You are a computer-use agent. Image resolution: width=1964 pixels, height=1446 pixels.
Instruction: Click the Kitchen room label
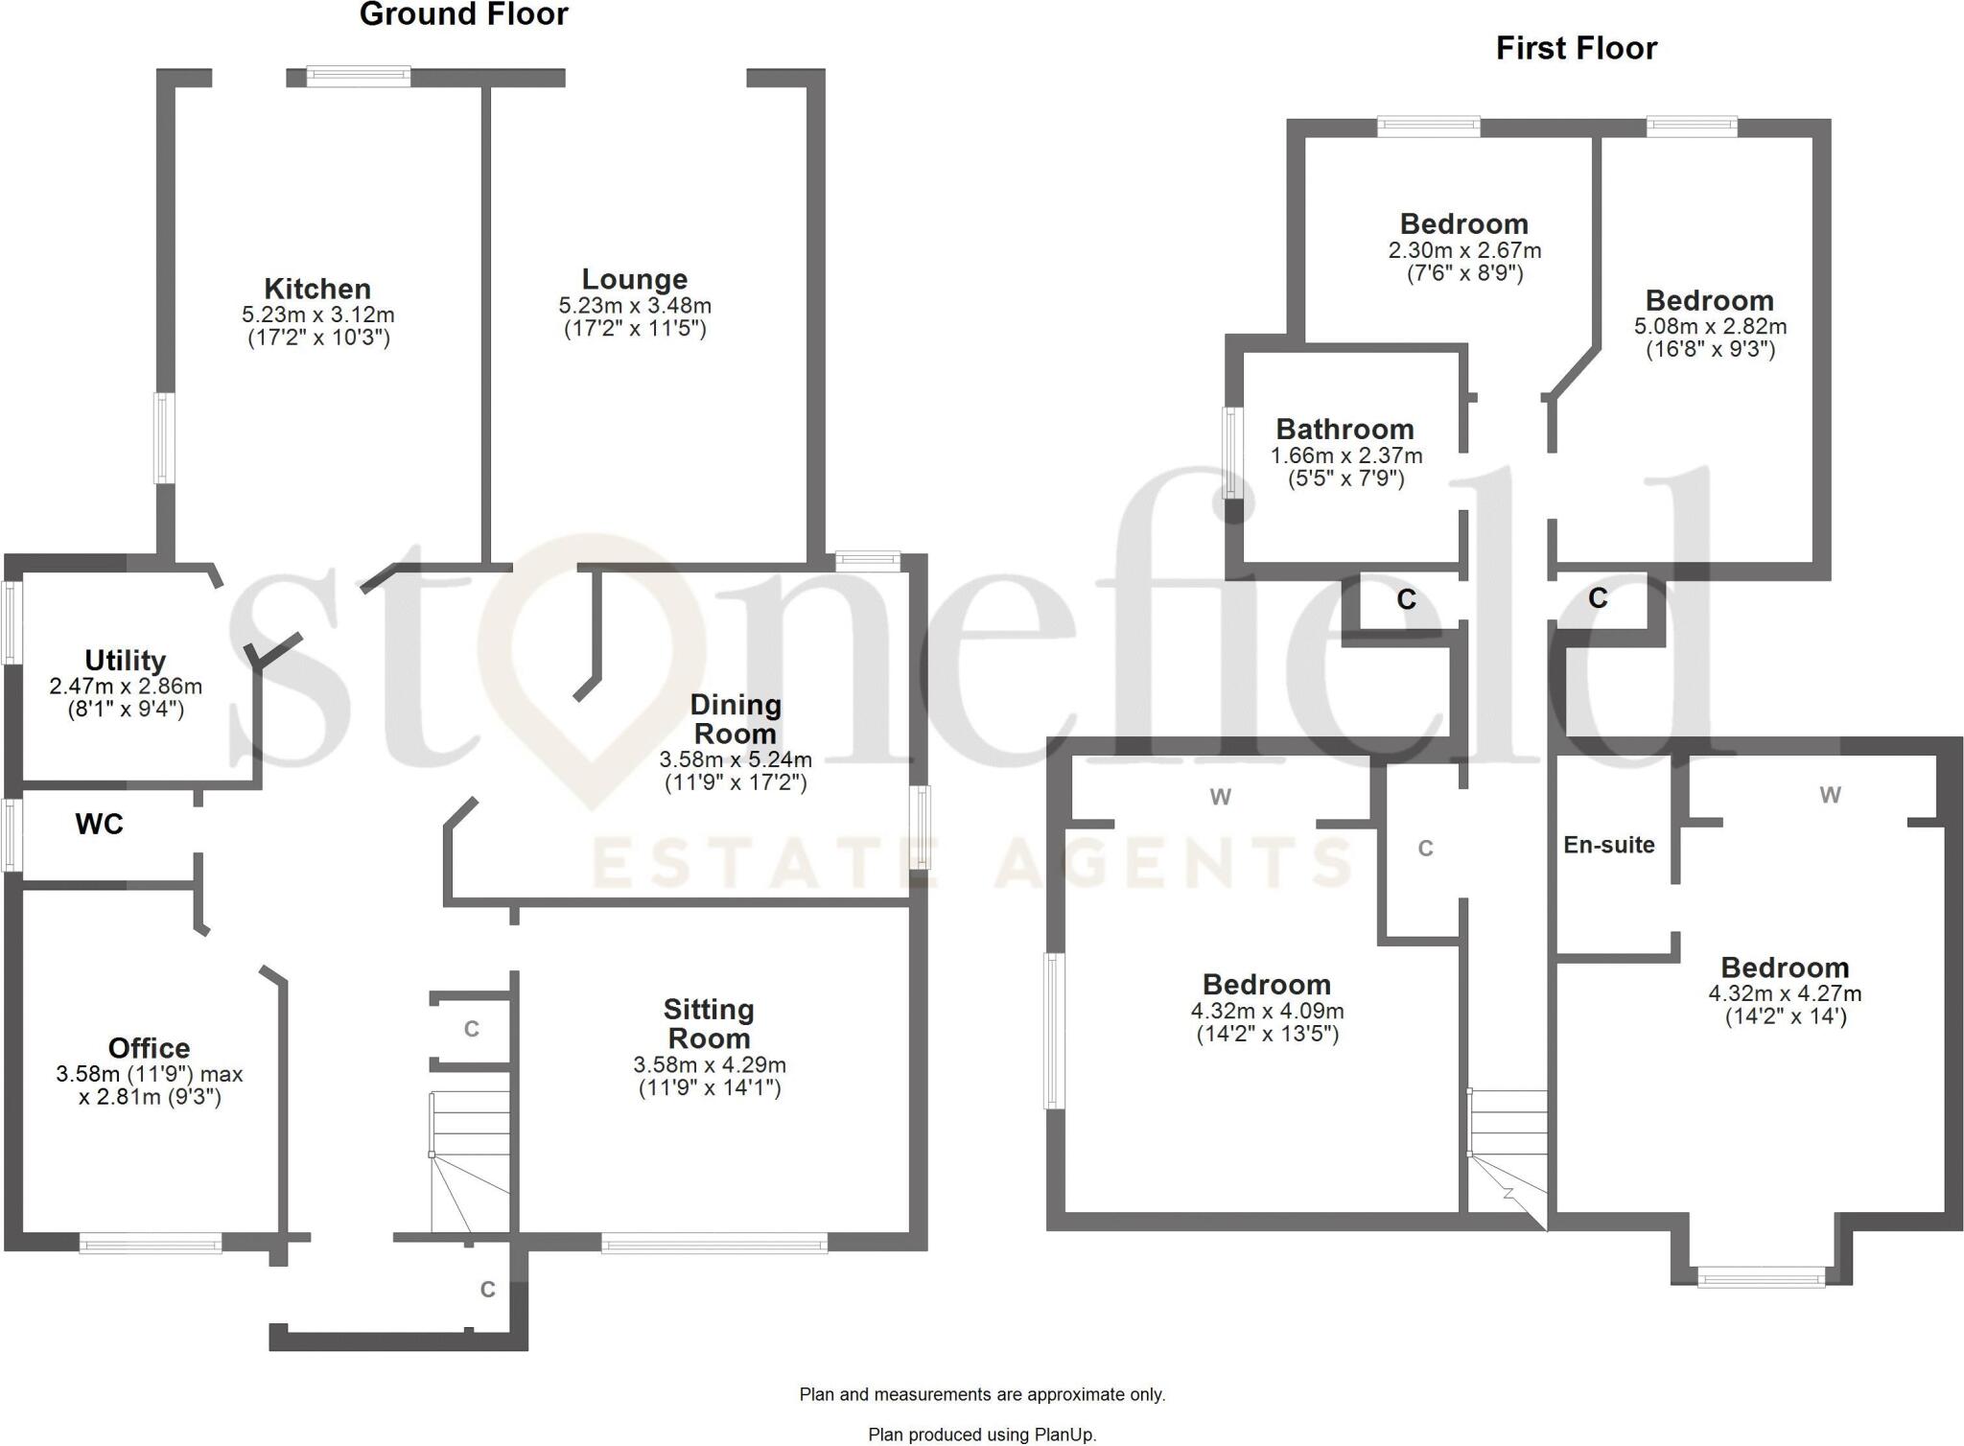(x=317, y=289)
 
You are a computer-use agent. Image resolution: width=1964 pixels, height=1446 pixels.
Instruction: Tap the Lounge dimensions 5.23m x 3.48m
(x=635, y=306)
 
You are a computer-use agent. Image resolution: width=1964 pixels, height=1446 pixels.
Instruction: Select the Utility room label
(x=125, y=661)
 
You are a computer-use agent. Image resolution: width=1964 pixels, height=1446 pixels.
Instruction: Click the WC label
(x=100, y=825)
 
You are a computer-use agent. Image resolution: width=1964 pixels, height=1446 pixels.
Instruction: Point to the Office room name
(x=149, y=1048)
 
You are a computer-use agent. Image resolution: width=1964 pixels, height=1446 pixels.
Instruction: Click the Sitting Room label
(x=709, y=1024)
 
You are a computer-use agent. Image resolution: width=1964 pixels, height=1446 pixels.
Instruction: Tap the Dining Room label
(x=736, y=719)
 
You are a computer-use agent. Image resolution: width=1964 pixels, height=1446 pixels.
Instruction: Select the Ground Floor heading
(x=463, y=14)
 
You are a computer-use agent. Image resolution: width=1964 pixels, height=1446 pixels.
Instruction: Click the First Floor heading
(x=1576, y=48)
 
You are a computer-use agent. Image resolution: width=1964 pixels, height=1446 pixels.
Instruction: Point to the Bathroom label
(x=1344, y=430)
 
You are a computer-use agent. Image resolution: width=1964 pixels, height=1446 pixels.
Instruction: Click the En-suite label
(x=1608, y=845)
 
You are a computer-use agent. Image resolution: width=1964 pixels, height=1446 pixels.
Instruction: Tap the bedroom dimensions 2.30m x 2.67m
(x=1464, y=250)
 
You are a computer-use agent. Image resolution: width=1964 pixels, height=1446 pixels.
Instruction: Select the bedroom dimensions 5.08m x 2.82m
(x=1710, y=326)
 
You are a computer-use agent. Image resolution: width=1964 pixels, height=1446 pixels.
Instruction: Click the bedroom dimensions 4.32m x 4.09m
(x=1267, y=1011)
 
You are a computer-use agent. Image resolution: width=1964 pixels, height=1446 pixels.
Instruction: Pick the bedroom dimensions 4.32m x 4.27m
(x=1784, y=993)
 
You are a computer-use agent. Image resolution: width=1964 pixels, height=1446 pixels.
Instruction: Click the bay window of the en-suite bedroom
(x=1761, y=1276)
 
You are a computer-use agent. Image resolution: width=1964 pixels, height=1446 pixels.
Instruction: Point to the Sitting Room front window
(x=714, y=1245)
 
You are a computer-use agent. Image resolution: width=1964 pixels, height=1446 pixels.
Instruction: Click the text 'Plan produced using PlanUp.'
(x=982, y=1434)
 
